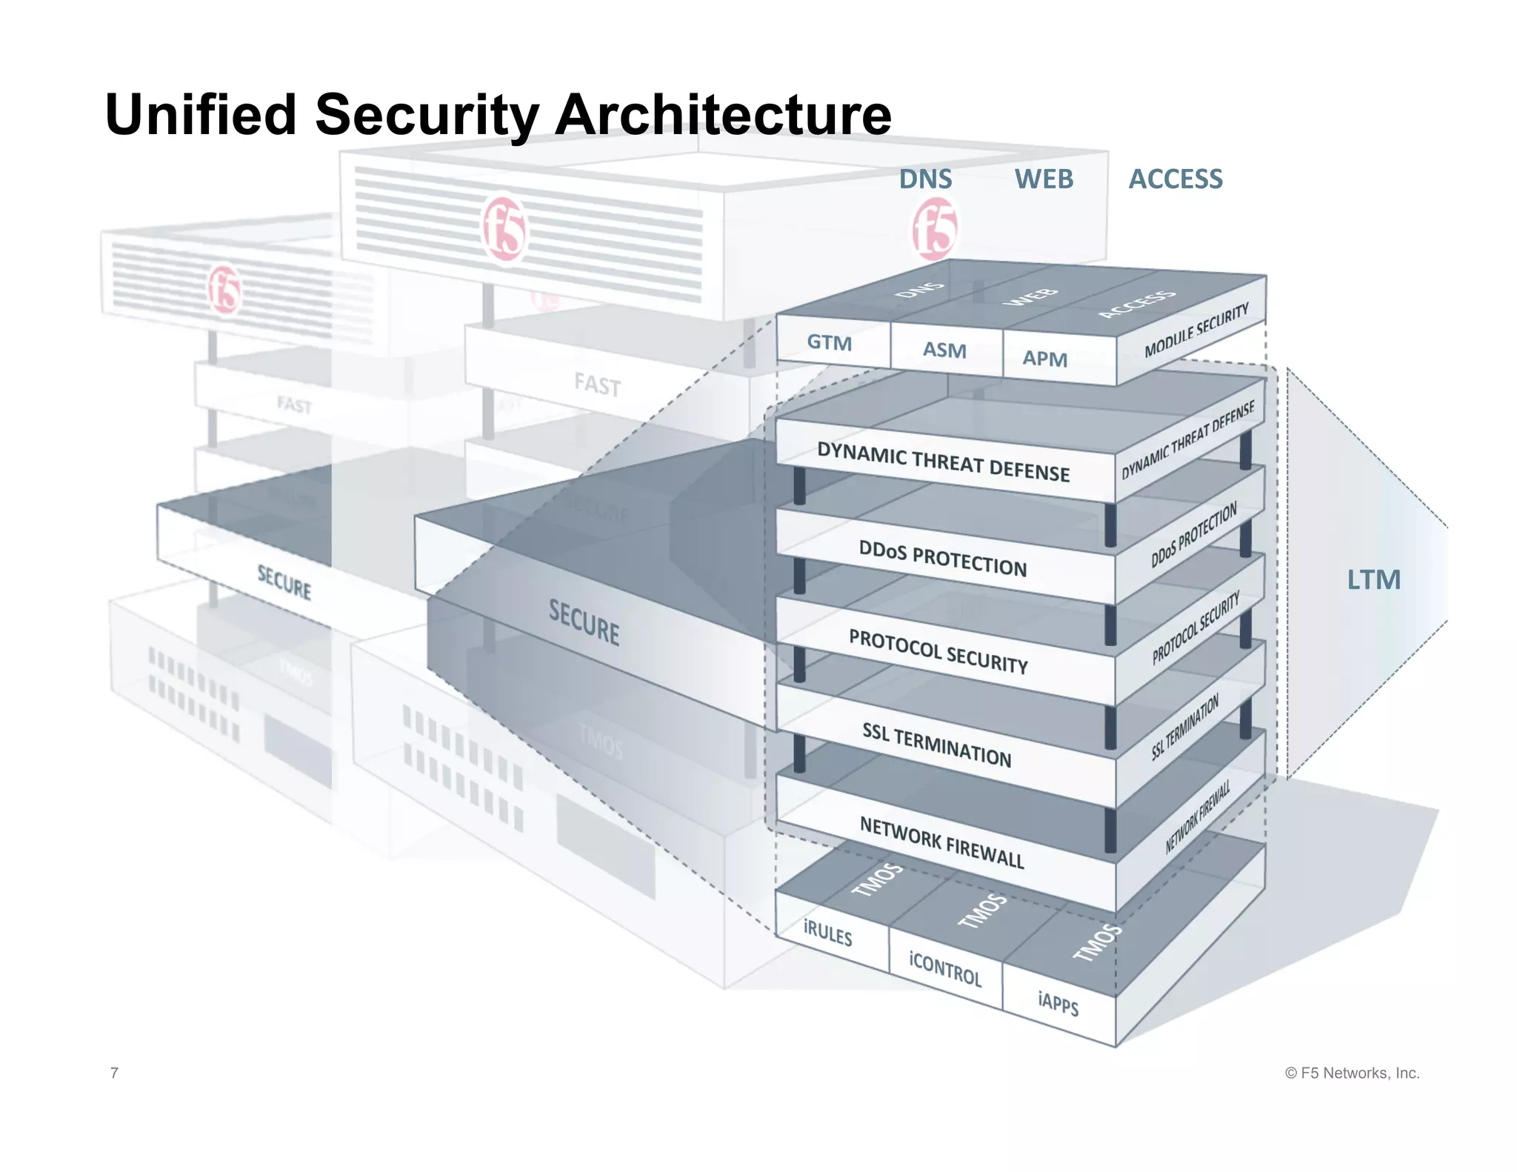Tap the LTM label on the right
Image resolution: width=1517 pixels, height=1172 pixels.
click(x=1373, y=579)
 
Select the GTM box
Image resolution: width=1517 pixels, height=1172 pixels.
click(x=830, y=343)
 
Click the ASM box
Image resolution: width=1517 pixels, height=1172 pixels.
click(x=944, y=350)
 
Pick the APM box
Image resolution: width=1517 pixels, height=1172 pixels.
click(x=1044, y=359)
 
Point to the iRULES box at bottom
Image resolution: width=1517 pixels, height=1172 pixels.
click(x=828, y=933)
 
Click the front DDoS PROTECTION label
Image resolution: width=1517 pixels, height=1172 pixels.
click(x=942, y=559)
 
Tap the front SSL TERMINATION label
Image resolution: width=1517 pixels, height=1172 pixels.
click(x=936, y=745)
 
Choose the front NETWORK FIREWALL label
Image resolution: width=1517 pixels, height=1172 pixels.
click(x=941, y=842)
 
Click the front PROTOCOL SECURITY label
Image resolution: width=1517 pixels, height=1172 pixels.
click(x=938, y=651)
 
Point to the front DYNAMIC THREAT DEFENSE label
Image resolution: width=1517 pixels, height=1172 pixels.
click(x=943, y=462)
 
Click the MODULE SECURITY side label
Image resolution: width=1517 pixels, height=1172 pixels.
click(x=1196, y=330)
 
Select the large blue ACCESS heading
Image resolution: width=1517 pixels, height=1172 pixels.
click(x=1175, y=179)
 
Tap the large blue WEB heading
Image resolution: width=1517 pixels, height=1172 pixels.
click(x=1044, y=179)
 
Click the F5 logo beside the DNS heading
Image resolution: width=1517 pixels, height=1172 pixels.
click(x=934, y=230)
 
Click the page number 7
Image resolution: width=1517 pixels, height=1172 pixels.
click(x=114, y=1073)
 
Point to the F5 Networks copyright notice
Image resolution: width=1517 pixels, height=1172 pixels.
click(x=1352, y=1073)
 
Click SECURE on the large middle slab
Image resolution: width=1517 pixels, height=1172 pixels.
click(x=584, y=622)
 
